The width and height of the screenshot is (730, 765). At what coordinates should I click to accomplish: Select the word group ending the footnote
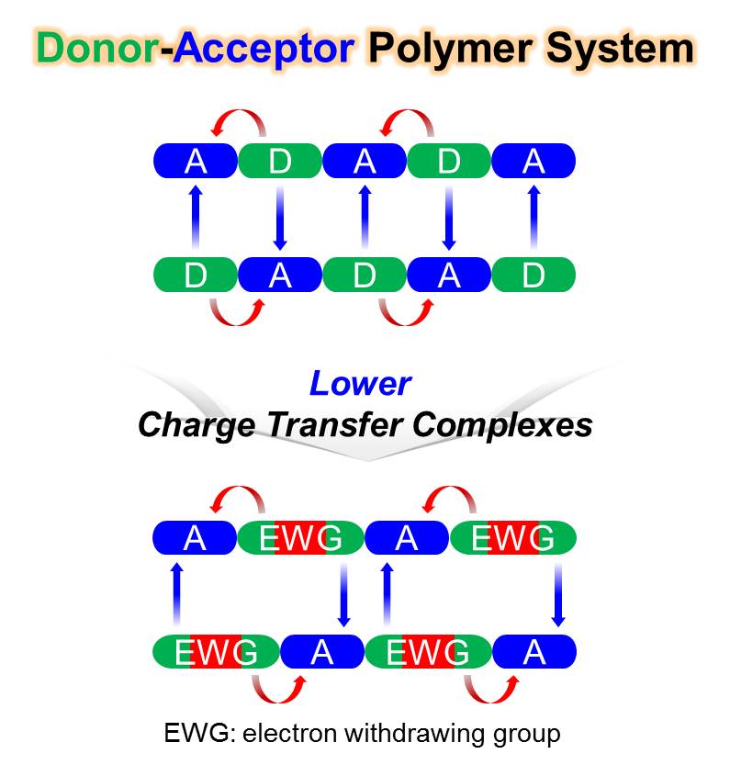527,734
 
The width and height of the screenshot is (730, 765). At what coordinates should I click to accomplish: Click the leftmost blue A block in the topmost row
196,162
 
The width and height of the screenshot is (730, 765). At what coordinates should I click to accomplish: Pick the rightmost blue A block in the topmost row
533,162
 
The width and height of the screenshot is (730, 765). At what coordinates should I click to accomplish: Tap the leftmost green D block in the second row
196,275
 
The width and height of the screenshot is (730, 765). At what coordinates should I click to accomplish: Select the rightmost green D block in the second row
533,275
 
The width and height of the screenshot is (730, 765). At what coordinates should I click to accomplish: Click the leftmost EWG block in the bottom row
216,652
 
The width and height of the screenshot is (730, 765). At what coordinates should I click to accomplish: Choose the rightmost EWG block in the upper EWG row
512,538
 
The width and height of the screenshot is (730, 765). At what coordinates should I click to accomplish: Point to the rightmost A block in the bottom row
534,652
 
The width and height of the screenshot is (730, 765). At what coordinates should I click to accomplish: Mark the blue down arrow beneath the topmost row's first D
280,218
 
